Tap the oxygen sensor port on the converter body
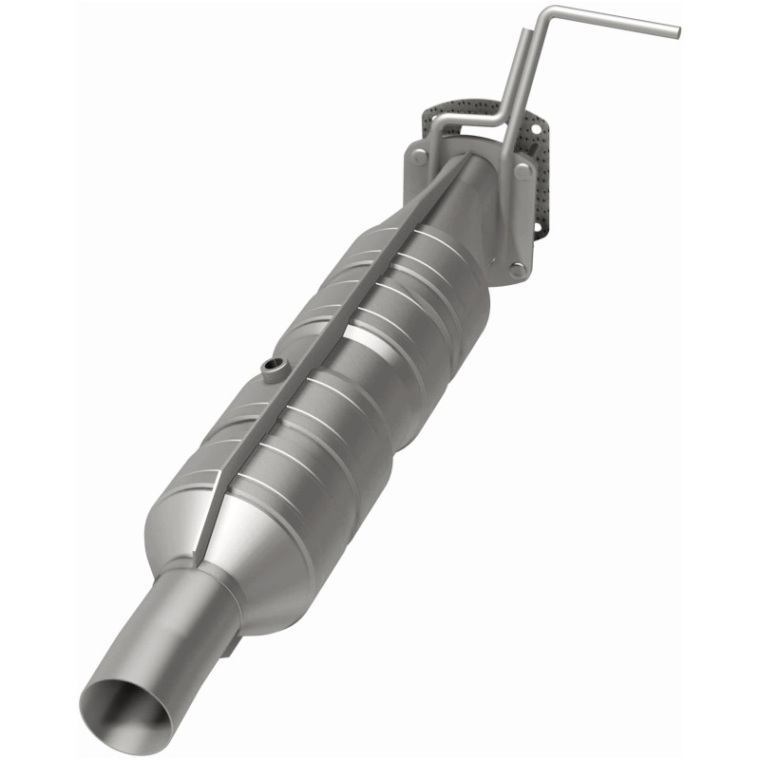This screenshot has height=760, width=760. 274,367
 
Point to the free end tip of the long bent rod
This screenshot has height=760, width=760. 675,31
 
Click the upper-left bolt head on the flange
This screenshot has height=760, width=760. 420,158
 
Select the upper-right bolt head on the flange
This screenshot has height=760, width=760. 522,170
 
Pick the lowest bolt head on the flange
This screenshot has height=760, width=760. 517,269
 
